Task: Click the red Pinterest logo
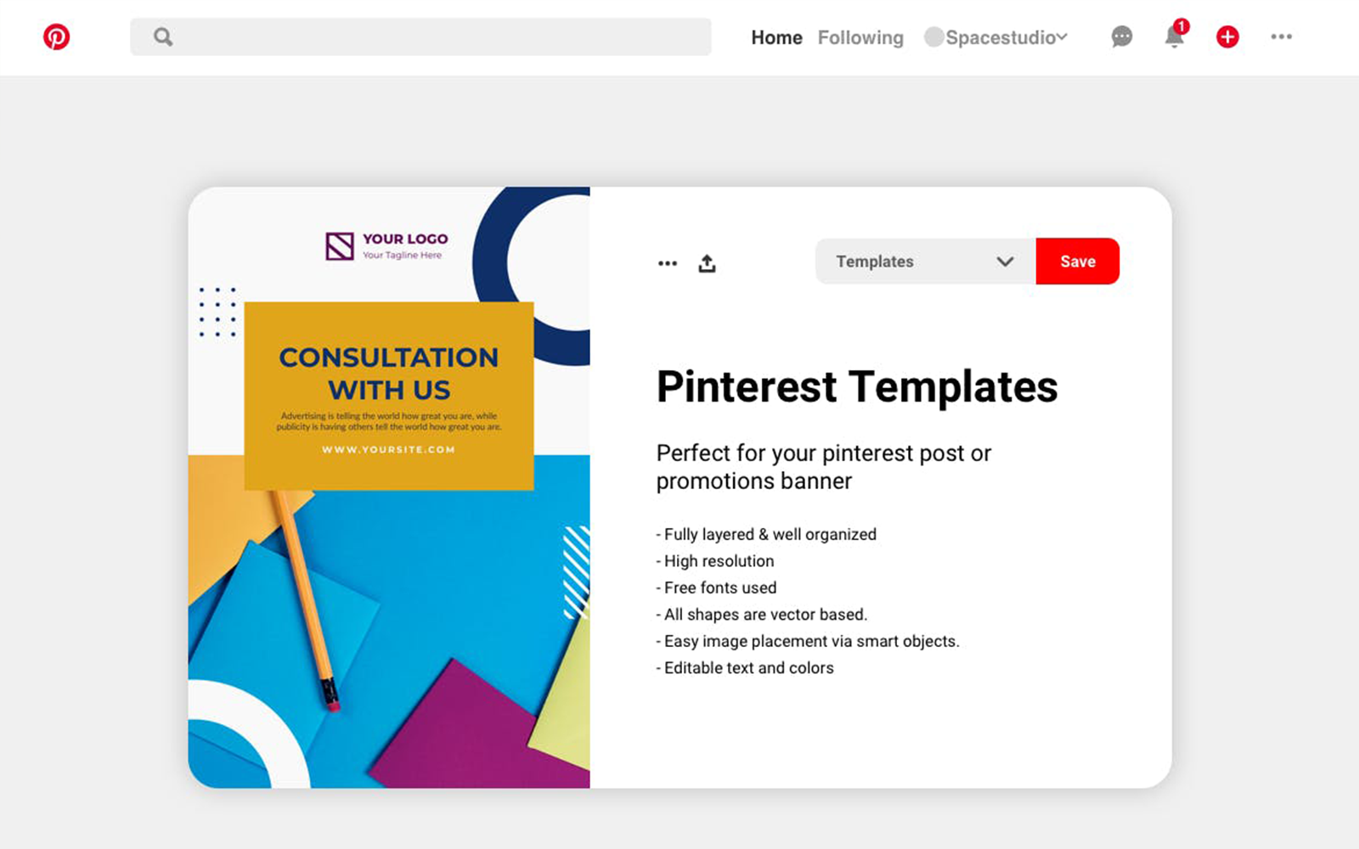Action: tap(56, 37)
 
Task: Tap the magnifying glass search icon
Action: tap(162, 37)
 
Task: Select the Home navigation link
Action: tap(776, 37)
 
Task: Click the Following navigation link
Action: tap(860, 37)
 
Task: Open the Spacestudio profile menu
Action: tap(995, 37)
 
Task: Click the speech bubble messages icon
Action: tap(1122, 37)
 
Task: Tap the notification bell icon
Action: tap(1175, 37)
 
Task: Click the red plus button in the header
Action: tap(1227, 37)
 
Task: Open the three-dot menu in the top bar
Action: tap(1282, 37)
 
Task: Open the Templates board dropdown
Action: tap(926, 261)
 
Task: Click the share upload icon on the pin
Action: tap(707, 263)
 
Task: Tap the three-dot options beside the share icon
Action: tap(668, 263)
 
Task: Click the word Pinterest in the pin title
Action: tap(747, 387)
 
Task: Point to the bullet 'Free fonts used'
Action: tap(717, 588)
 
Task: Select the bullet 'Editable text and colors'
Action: tap(745, 667)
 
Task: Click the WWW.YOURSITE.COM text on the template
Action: tap(388, 449)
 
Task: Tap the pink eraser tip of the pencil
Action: tap(332, 706)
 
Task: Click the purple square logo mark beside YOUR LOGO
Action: tap(339, 246)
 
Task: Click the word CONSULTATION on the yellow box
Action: tap(388, 357)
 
